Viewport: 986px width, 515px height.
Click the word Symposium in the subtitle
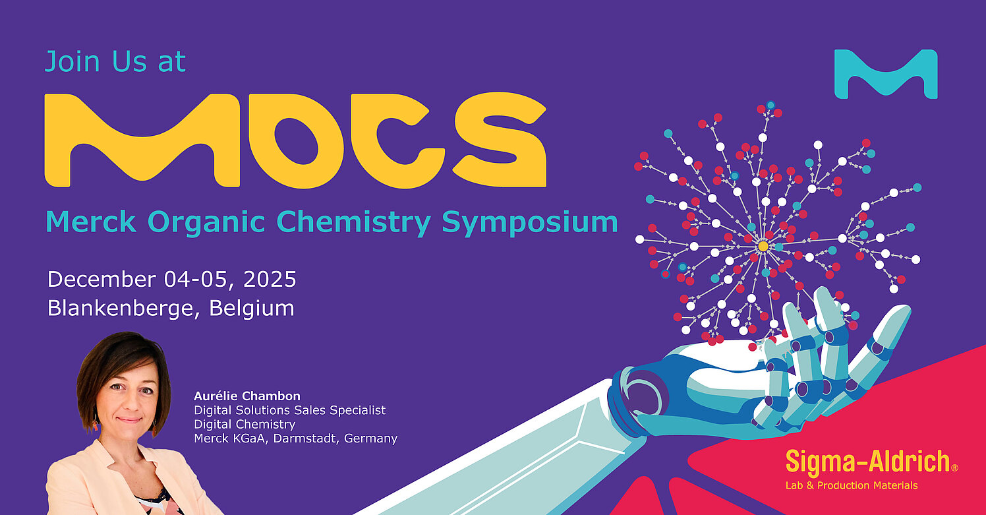[530, 222]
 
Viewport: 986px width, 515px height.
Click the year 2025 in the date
[270, 280]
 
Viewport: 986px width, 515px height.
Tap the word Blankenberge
[120, 309]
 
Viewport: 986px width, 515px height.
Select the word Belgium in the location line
[251, 309]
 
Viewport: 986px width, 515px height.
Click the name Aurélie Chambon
[247, 396]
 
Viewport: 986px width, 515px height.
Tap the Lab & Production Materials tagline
[852, 485]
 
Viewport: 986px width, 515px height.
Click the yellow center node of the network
[763, 246]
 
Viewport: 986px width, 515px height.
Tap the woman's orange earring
[95, 425]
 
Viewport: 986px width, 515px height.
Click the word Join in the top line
[72, 62]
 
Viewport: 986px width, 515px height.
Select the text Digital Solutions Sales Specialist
[289, 410]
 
